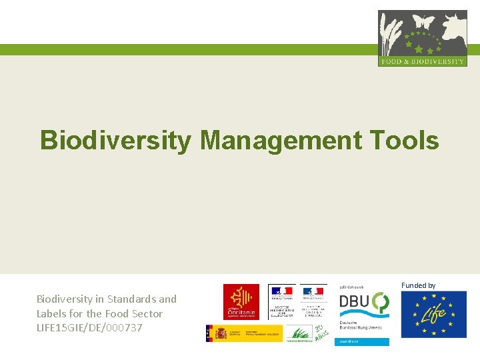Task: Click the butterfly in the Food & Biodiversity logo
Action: [423, 22]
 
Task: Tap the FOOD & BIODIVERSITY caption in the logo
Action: [422, 61]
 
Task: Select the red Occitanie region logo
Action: [241, 301]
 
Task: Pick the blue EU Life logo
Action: [433, 314]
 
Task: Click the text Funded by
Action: [418, 285]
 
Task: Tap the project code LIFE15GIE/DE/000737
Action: [89, 327]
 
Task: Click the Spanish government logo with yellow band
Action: [243, 333]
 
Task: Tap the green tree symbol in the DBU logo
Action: [381, 302]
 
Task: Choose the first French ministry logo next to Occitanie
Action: [282, 301]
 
